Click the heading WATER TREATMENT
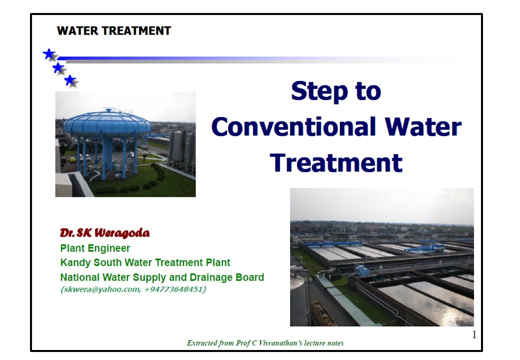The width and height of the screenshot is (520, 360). (x=114, y=31)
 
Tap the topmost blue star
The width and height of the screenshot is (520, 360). (x=49, y=54)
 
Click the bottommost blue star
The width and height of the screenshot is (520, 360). (x=70, y=80)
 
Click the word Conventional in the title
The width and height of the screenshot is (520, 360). (x=293, y=127)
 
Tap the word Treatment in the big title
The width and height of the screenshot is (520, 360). (x=336, y=163)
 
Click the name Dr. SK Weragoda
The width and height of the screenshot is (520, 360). (x=105, y=232)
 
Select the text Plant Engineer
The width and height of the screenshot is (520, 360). (x=95, y=248)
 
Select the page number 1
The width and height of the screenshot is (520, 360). (x=474, y=335)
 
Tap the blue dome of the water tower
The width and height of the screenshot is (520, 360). (x=107, y=123)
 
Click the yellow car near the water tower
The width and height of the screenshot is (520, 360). (x=72, y=159)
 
